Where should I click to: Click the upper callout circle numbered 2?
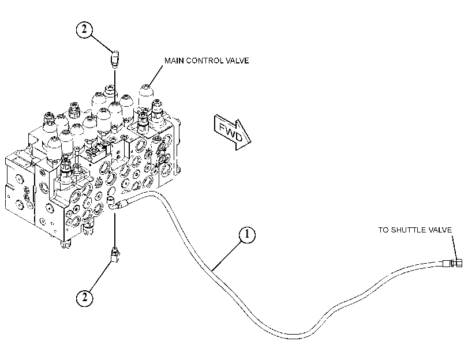[84, 29]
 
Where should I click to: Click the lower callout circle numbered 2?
[84, 297]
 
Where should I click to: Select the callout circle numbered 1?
[247, 235]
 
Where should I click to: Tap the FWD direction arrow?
[233, 132]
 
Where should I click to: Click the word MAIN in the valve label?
[174, 61]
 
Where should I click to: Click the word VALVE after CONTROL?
[238, 61]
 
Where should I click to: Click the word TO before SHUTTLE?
[384, 230]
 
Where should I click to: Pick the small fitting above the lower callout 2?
[115, 255]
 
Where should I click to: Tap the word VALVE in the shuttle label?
[440, 230]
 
